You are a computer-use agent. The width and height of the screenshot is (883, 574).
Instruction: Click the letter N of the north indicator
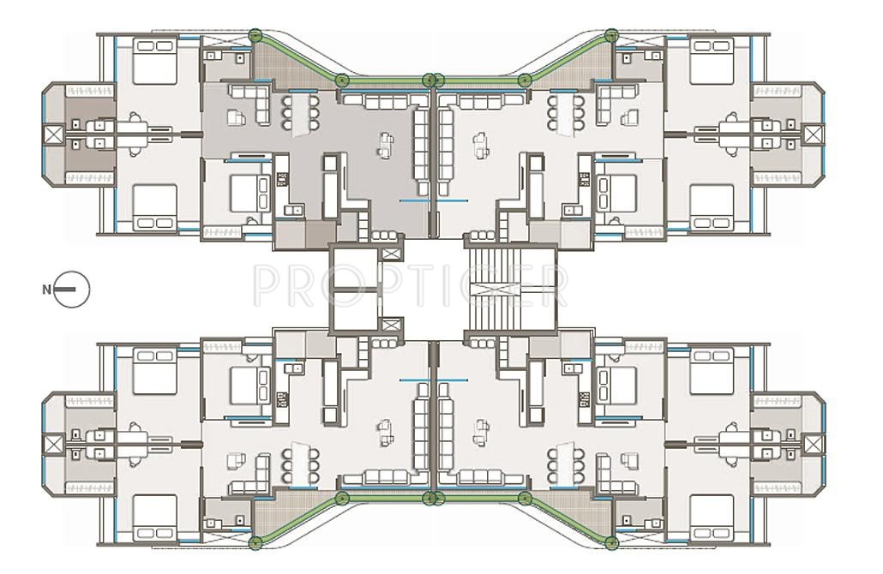pos(46,290)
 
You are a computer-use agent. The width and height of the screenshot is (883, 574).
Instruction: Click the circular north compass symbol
pos(72,290)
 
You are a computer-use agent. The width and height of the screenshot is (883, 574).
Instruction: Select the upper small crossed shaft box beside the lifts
pos(391,254)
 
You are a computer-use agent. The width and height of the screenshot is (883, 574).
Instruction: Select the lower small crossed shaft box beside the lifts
pos(391,326)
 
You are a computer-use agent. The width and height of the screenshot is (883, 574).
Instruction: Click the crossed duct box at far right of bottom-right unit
pos(814,443)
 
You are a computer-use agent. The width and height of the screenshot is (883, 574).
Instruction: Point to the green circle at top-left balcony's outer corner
pos(255,36)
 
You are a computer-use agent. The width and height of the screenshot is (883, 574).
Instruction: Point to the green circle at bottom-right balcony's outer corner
pos(611,542)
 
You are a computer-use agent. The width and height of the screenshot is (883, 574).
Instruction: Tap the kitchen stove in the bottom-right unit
pos(585,399)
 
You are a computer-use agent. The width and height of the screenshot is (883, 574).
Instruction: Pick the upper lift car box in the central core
pos(354,266)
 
